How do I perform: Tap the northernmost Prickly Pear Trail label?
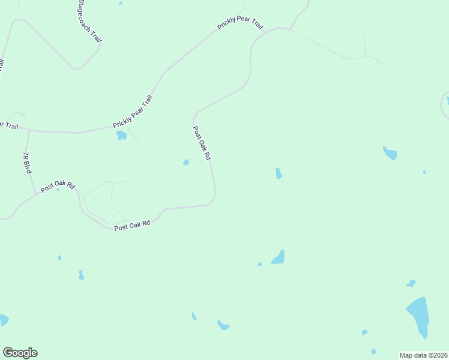click(241, 25)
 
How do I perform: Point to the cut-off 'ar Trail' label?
click(9, 126)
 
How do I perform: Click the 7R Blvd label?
click(26, 163)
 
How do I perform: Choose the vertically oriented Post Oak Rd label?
click(202, 143)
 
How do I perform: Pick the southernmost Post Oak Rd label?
click(132, 226)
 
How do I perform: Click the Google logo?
click(20, 353)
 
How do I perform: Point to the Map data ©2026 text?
click(423, 355)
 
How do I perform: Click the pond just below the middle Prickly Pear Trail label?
click(121, 135)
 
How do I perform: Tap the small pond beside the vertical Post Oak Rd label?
click(186, 162)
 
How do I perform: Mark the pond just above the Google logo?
click(2, 320)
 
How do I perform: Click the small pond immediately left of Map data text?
click(373, 351)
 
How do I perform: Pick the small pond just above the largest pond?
click(411, 283)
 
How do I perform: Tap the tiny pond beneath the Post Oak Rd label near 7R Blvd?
click(58, 190)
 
